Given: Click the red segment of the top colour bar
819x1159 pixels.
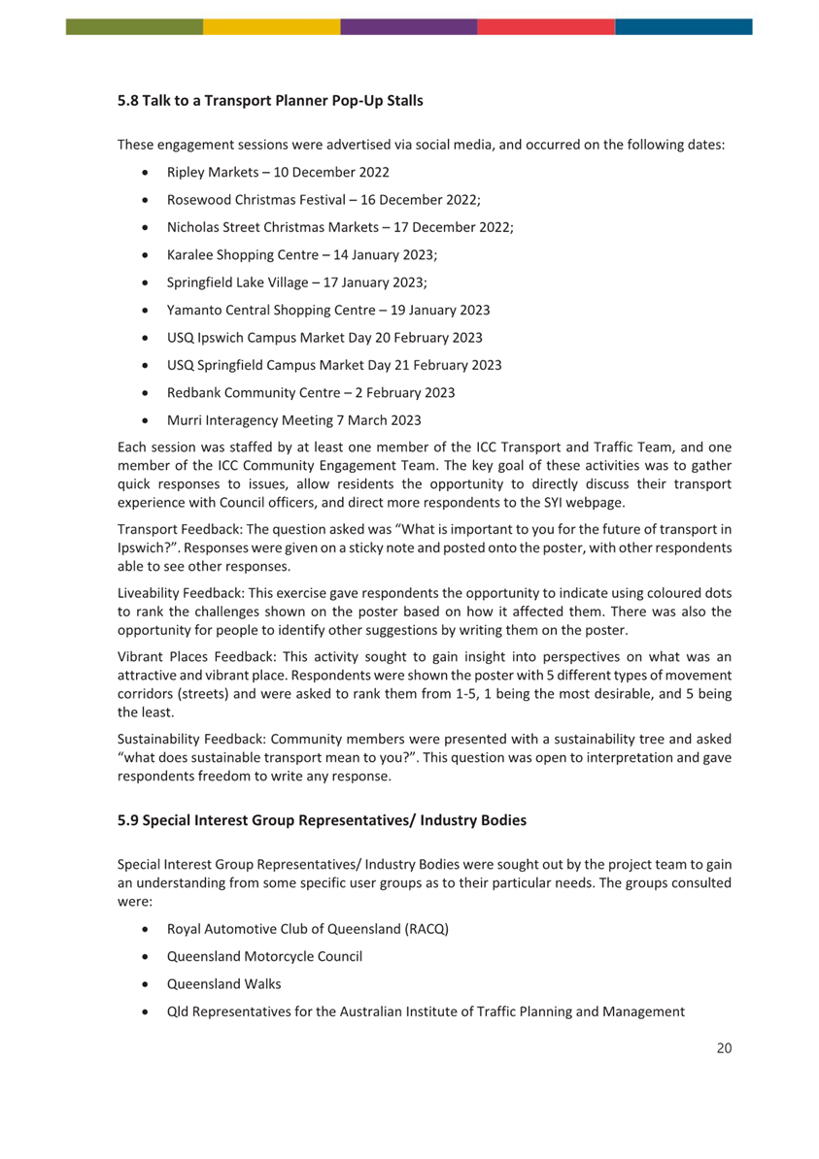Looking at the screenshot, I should point(546,26).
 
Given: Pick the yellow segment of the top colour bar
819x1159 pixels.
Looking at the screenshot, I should point(271,26).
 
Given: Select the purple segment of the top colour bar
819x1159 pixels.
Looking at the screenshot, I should point(408,26).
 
